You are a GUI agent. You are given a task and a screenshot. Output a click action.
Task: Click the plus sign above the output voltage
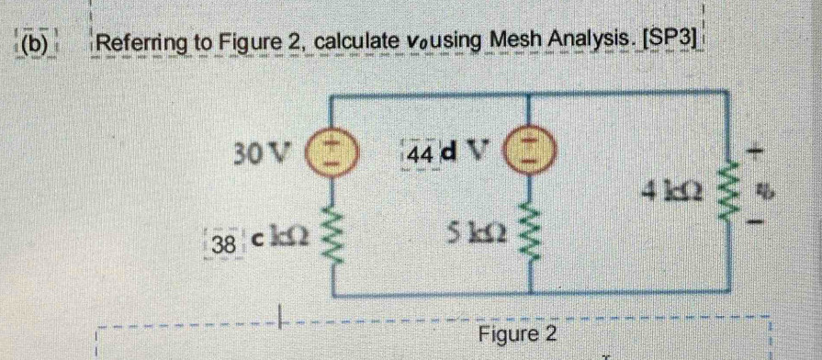pyautogui.click(x=760, y=148)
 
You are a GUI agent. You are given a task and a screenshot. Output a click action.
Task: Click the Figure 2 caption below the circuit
pyautogui.click(x=518, y=332)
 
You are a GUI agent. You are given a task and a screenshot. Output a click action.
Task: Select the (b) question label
pyautogui.click(x=32, y=42)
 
